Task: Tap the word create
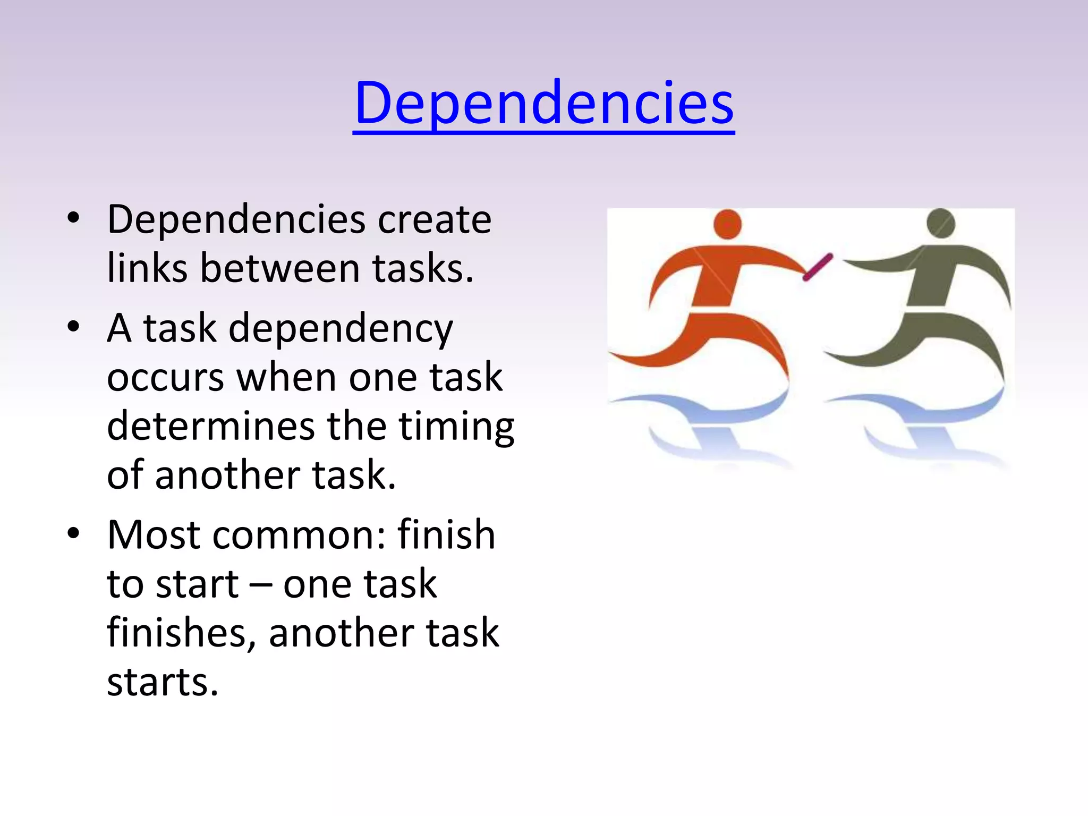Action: point(434,219)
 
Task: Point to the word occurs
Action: point(165,377)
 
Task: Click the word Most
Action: point(154,534)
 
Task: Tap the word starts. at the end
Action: point(163,682)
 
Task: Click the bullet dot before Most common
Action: point(73,533)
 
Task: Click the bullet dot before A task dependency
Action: point(73,327)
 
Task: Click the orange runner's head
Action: point(727,224)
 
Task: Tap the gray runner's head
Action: point(940,223)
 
